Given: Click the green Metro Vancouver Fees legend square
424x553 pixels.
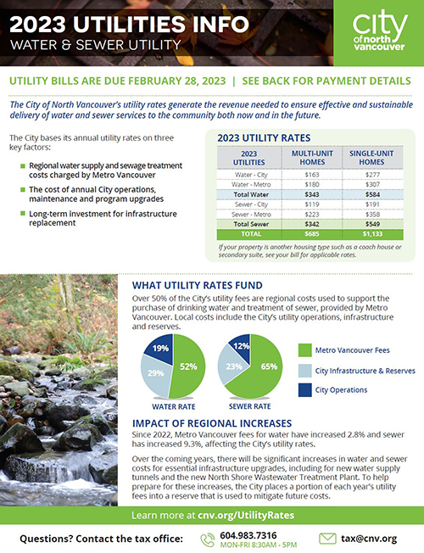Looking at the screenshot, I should click(x=305, y=349).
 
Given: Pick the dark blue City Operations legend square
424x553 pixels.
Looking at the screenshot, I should click(x=305, y=389).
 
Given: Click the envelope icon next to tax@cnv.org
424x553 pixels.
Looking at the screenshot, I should click(x=327, y=538).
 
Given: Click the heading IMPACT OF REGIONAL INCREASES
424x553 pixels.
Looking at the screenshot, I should click(x=211, y=423).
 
